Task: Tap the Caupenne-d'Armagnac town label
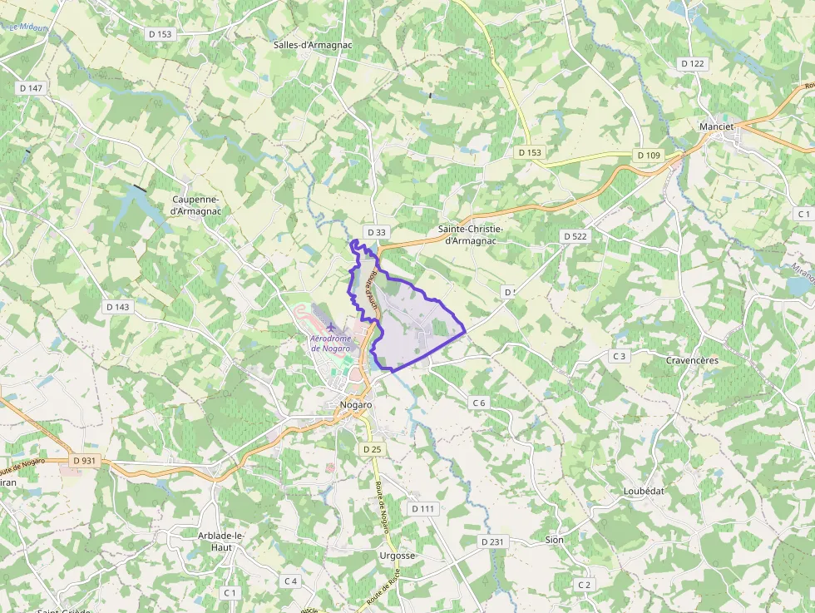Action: (x=195, y=205)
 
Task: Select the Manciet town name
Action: (x=717, y=127)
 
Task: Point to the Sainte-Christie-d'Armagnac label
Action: (x=471, y=235)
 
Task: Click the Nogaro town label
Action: (x=356, y=405)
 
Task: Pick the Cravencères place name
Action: (x=692, y=360)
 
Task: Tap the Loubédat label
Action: (x=644, y=491)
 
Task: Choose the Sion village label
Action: (x=554, y=540)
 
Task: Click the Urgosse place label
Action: (x=396, y=556)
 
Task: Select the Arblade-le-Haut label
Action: (x=221, y=541)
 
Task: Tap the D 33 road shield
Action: (x=376, y=233)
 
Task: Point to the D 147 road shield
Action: (x=30, y=88)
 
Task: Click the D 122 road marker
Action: (x=692, y=63)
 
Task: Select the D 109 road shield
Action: (x=648, y=156)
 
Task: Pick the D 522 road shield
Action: (x=575, y=236)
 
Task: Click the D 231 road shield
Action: (x=492, y=541)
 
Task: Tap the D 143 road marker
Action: (x=118, y=307)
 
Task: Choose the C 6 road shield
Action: (x=478, y=403)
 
